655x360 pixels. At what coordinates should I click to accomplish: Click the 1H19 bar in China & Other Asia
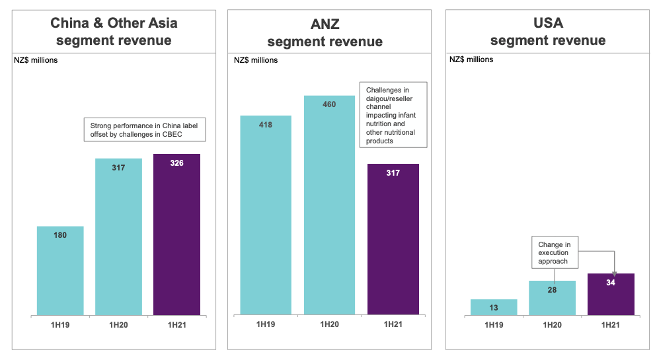pos(60,271)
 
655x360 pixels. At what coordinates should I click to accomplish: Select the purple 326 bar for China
pos(176,234)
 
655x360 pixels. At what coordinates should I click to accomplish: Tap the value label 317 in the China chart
pos(118,168)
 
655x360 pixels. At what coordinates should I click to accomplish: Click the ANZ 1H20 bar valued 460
pos(329,205)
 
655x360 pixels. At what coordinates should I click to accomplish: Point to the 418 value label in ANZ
pos(266,125)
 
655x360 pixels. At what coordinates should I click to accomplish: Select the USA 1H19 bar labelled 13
pos(494,307)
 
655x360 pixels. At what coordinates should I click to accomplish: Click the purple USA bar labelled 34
pos(611,295)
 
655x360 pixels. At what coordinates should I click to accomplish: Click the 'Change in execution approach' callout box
pos(554,252)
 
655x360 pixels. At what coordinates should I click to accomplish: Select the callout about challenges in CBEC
pos(144,129)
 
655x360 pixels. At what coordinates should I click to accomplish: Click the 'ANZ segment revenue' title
pos(325,33)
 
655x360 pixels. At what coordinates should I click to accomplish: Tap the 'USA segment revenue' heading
pos(548,32)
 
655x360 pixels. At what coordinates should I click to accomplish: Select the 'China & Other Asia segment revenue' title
pos(114,32)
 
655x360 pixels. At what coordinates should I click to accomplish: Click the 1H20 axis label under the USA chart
pos(552,324)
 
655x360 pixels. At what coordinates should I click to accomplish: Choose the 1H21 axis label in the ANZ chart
pos(393,324)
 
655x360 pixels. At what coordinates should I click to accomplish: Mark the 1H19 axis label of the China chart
pos(60,324)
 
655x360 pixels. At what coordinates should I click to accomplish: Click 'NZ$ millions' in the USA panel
pos(471,59)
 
